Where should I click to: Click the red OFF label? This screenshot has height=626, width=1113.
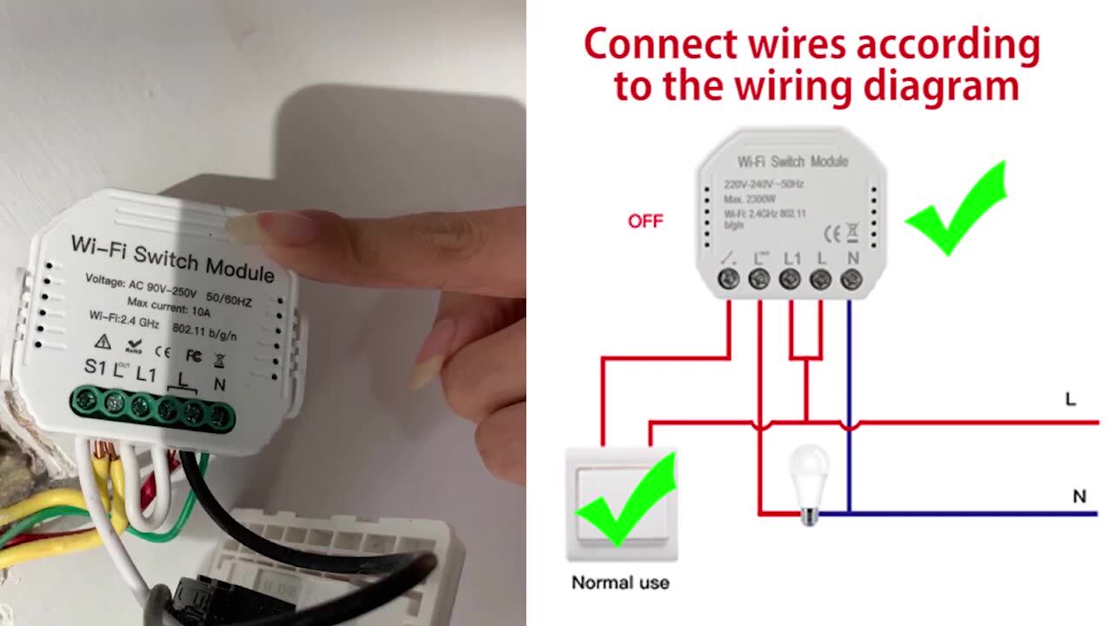pyautogui.click(x=645, y=221)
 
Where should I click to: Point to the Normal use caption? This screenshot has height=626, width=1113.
pyautogui.click(x=620, y=583)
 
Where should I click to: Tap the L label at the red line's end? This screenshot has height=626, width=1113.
pyautogui.click(x=1070, y=400)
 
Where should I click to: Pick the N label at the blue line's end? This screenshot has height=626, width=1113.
pyautogui.click(x=1079, y=496)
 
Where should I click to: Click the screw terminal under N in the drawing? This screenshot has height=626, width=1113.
pyautogui.click(x=851, y=279)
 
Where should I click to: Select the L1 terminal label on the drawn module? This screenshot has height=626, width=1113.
pyautogui.click(x=792, y=257)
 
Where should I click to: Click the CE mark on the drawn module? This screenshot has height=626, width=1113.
pyautogui.click(x=832, y=233)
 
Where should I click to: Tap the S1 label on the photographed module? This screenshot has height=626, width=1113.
pyautogui.click(x=96, y=367)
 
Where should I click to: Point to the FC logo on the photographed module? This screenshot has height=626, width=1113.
pyautogui.click(x=193, y=356)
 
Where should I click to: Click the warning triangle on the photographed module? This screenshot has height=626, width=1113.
pyautogui.click(x=103, y=340)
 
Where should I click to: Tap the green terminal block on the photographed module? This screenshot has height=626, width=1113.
pyautogui.click(x=152, y=406)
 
